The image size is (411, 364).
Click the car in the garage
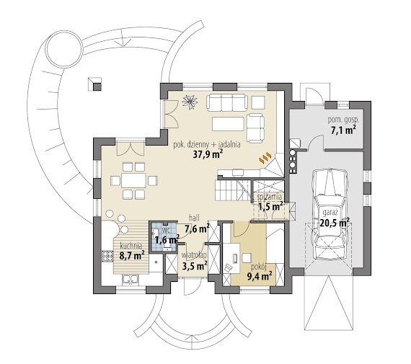pyautogui.click(x=330, y=214)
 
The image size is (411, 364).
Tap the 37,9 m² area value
pyautogui.click(x=208, y=155)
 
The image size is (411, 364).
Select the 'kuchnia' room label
pyautogui.click(x=131, y=246)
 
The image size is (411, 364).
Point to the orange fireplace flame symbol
pyautogui.click(x=265, y=157)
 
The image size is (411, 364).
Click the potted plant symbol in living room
pyautogui.click(x=190, y=101)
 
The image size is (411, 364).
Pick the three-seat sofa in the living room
pyautogui.click(x=227, y=102)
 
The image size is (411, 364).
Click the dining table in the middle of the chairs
pyautogui.click(x=133, y=180)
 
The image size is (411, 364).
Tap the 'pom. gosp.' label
pyautogui.click(x=343, y=120)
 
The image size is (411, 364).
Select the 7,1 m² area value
pyautogui.click(x=343, y=130)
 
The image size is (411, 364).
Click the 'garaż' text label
pyautogui.click(x=330, y=213)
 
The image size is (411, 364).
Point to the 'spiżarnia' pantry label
pyautogui.click(x=270, y=197)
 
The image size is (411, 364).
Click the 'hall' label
pyautogui.click(x=194, y=218)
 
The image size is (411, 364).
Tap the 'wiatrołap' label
pyautogui.click(x=194, y=254)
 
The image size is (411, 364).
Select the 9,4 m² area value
pyautogui.click(x=260, y=276)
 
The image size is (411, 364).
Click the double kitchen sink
pyautogui.click(x=131, y=280)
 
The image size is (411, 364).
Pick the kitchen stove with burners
pyautogui.click(x=107, y=256)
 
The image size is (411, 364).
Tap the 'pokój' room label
pyautogui.click(x=259, y=267)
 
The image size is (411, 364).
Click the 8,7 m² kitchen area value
pyautogui.click(x=132, y=255)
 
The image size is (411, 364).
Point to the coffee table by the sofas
pyautogui.click(x=228, y=124)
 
